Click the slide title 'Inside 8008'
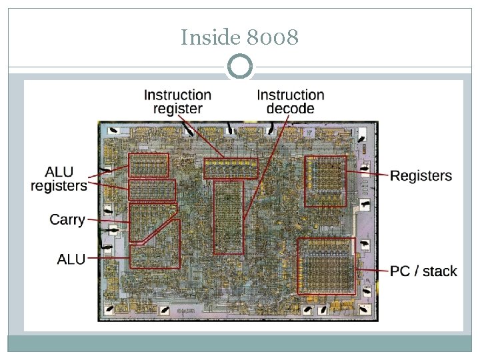tap(239, 38)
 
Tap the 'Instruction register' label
tap(177, 102)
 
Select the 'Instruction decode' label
tap(290, 102)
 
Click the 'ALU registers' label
tap(59, 178)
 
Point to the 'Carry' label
tap(67, 219)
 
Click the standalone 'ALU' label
tap(71, 259)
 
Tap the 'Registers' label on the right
tap(421, 176)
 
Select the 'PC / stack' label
tap(423, 271)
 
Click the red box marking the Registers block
tap(325, 181)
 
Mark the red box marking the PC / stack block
tap(326, 265)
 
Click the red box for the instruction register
tap(231, 168)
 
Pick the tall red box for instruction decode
tap(228, 217)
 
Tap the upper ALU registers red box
tap(148, 165)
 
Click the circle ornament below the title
tap(240, 67)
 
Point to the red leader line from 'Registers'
tap(367, 175)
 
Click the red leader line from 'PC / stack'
tap(371, 270)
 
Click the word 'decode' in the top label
tap(290, 109)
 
